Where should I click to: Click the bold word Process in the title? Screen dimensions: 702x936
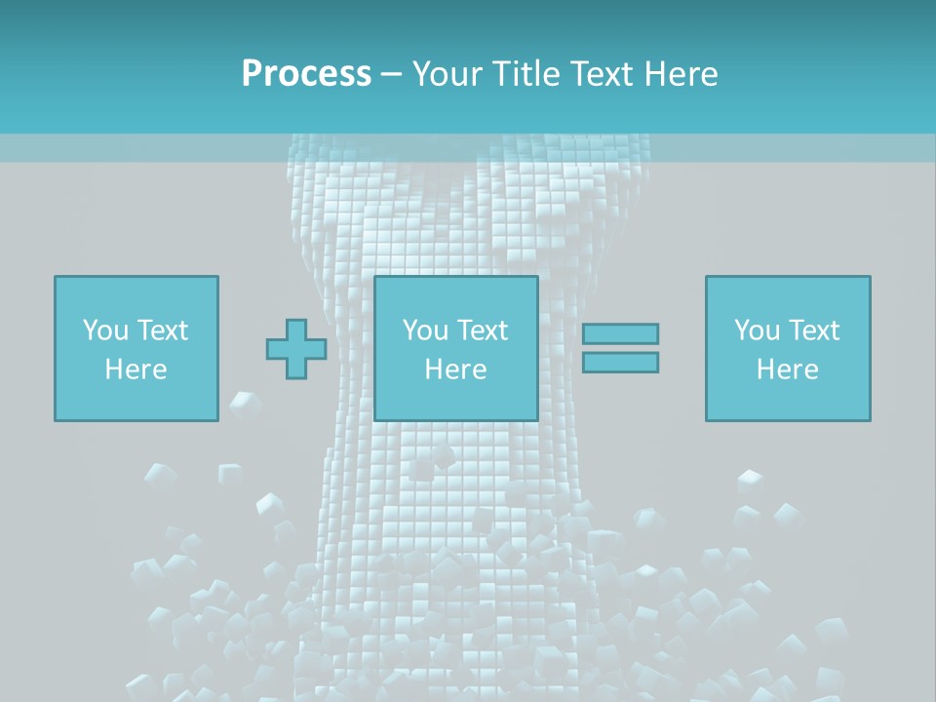click(306, 73)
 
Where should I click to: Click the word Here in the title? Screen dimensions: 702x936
click(682, 73)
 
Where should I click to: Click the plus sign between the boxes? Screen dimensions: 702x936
click(296, 349)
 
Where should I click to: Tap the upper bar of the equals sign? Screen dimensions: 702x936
click(620, 333)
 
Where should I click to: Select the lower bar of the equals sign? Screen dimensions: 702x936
click(620, 362)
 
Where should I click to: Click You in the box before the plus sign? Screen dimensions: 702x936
click(104, 330)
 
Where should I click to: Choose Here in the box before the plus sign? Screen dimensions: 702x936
click(136, 369)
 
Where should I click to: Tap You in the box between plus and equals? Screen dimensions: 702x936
click(425, 330)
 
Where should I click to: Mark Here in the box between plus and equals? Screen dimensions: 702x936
click(455, 369)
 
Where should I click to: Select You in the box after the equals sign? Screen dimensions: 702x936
click(757, 330)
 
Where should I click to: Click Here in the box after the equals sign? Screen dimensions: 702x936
click(787, 369)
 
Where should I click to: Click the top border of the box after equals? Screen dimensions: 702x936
click(788, 277)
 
